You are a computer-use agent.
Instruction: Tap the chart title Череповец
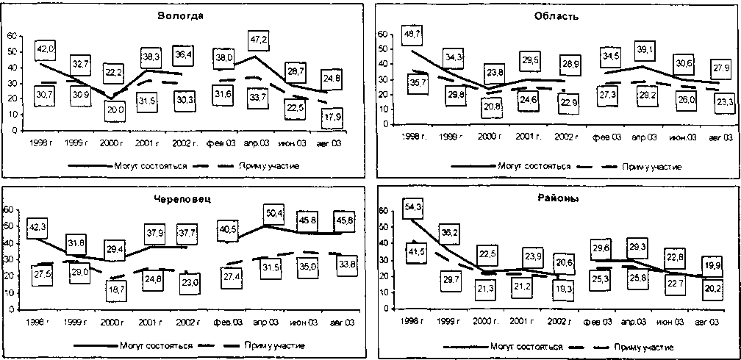[182, 198]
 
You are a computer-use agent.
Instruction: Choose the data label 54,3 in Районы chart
[412, 208]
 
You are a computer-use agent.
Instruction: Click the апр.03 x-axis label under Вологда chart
[258, 140]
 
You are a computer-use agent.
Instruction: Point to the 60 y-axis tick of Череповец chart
[8, 210]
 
